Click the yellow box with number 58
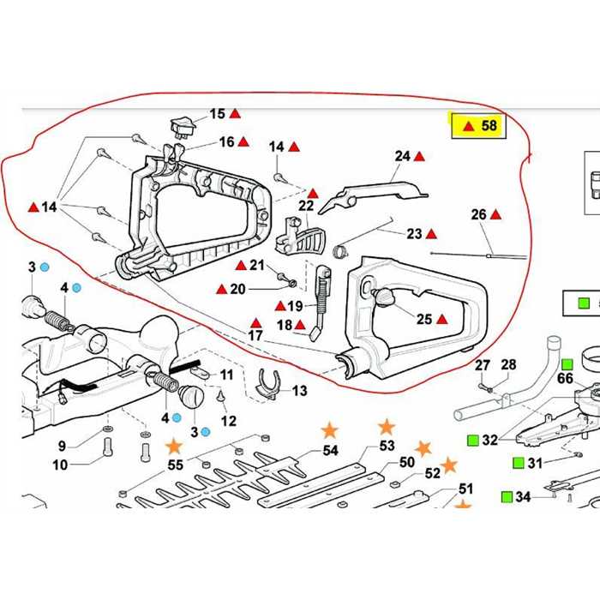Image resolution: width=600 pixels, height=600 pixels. click(x=480, y=126)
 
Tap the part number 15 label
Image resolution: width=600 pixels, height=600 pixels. click(x=217, y=113)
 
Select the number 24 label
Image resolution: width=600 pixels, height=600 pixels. click(x=403, y=156)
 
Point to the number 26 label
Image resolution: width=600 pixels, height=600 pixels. click(x=478, y=214)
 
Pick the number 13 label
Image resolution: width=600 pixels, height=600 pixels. click(x=299, y=391)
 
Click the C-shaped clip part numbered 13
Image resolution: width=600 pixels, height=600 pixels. click(x=270, y=383)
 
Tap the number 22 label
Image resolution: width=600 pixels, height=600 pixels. click(x=306, y=206)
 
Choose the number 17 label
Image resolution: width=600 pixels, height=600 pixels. click(x=255, y=335)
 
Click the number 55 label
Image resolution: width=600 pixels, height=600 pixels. click(x=175, y=465)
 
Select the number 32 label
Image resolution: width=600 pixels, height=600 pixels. click(x=489, y=441)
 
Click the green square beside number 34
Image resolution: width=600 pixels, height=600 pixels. click(x=503, y=496)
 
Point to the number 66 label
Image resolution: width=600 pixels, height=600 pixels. click(x=566, y=378)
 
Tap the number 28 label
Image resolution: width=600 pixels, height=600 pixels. click(x=508, y=365)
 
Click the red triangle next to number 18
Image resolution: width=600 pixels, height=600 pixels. click(x=301, y=325)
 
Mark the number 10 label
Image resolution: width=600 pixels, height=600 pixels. click(x=59, y=465)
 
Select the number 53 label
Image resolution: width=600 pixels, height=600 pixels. click(x=387, y=446)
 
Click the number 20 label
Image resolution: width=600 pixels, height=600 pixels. click(x=237, y=289)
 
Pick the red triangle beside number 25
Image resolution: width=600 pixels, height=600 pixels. click(x=442, y=320)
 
